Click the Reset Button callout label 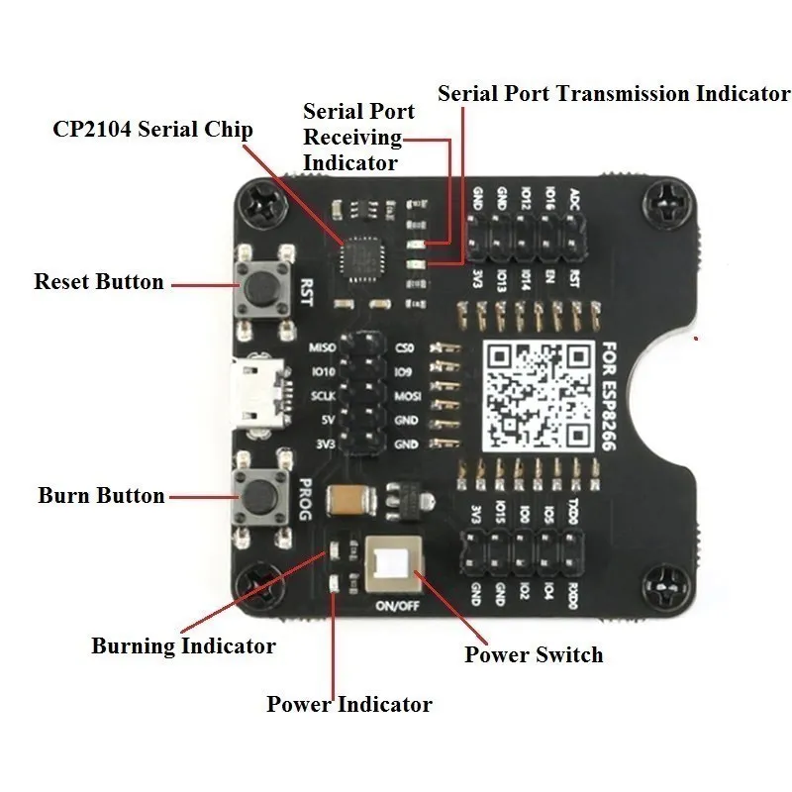point(99,282)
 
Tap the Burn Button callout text point(101,495)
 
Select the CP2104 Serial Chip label point(153,130)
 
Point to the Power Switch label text point(534,654)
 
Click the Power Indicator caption point(349,705)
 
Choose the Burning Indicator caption point(183,646)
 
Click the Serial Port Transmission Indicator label point(614,94)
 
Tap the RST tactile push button point(262,286)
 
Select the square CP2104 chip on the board point(360,262)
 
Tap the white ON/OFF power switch point(394,565)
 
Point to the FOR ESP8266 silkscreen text point(608,396)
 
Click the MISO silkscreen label point(323,348)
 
